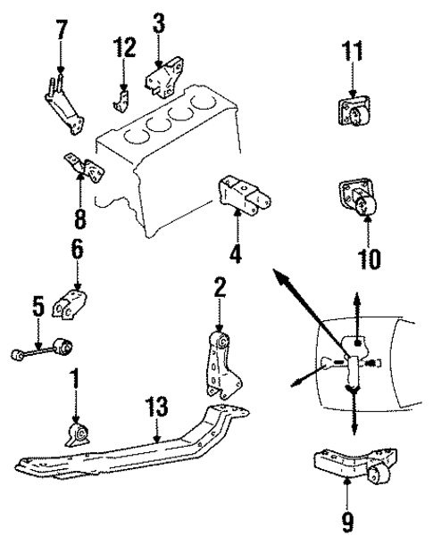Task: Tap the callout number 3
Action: pyautogui.click(x=158, y=21)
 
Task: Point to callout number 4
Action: pyautogui.click(x=235, y=252)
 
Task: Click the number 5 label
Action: pyautogui.click(x=37, y=309)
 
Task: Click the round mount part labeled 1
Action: pyautogui.click(x=77, y=434)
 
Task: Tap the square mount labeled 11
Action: pyautogui.click(x=353, y=115)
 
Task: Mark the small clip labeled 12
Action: pyautogui.click(x=122, y=95)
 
